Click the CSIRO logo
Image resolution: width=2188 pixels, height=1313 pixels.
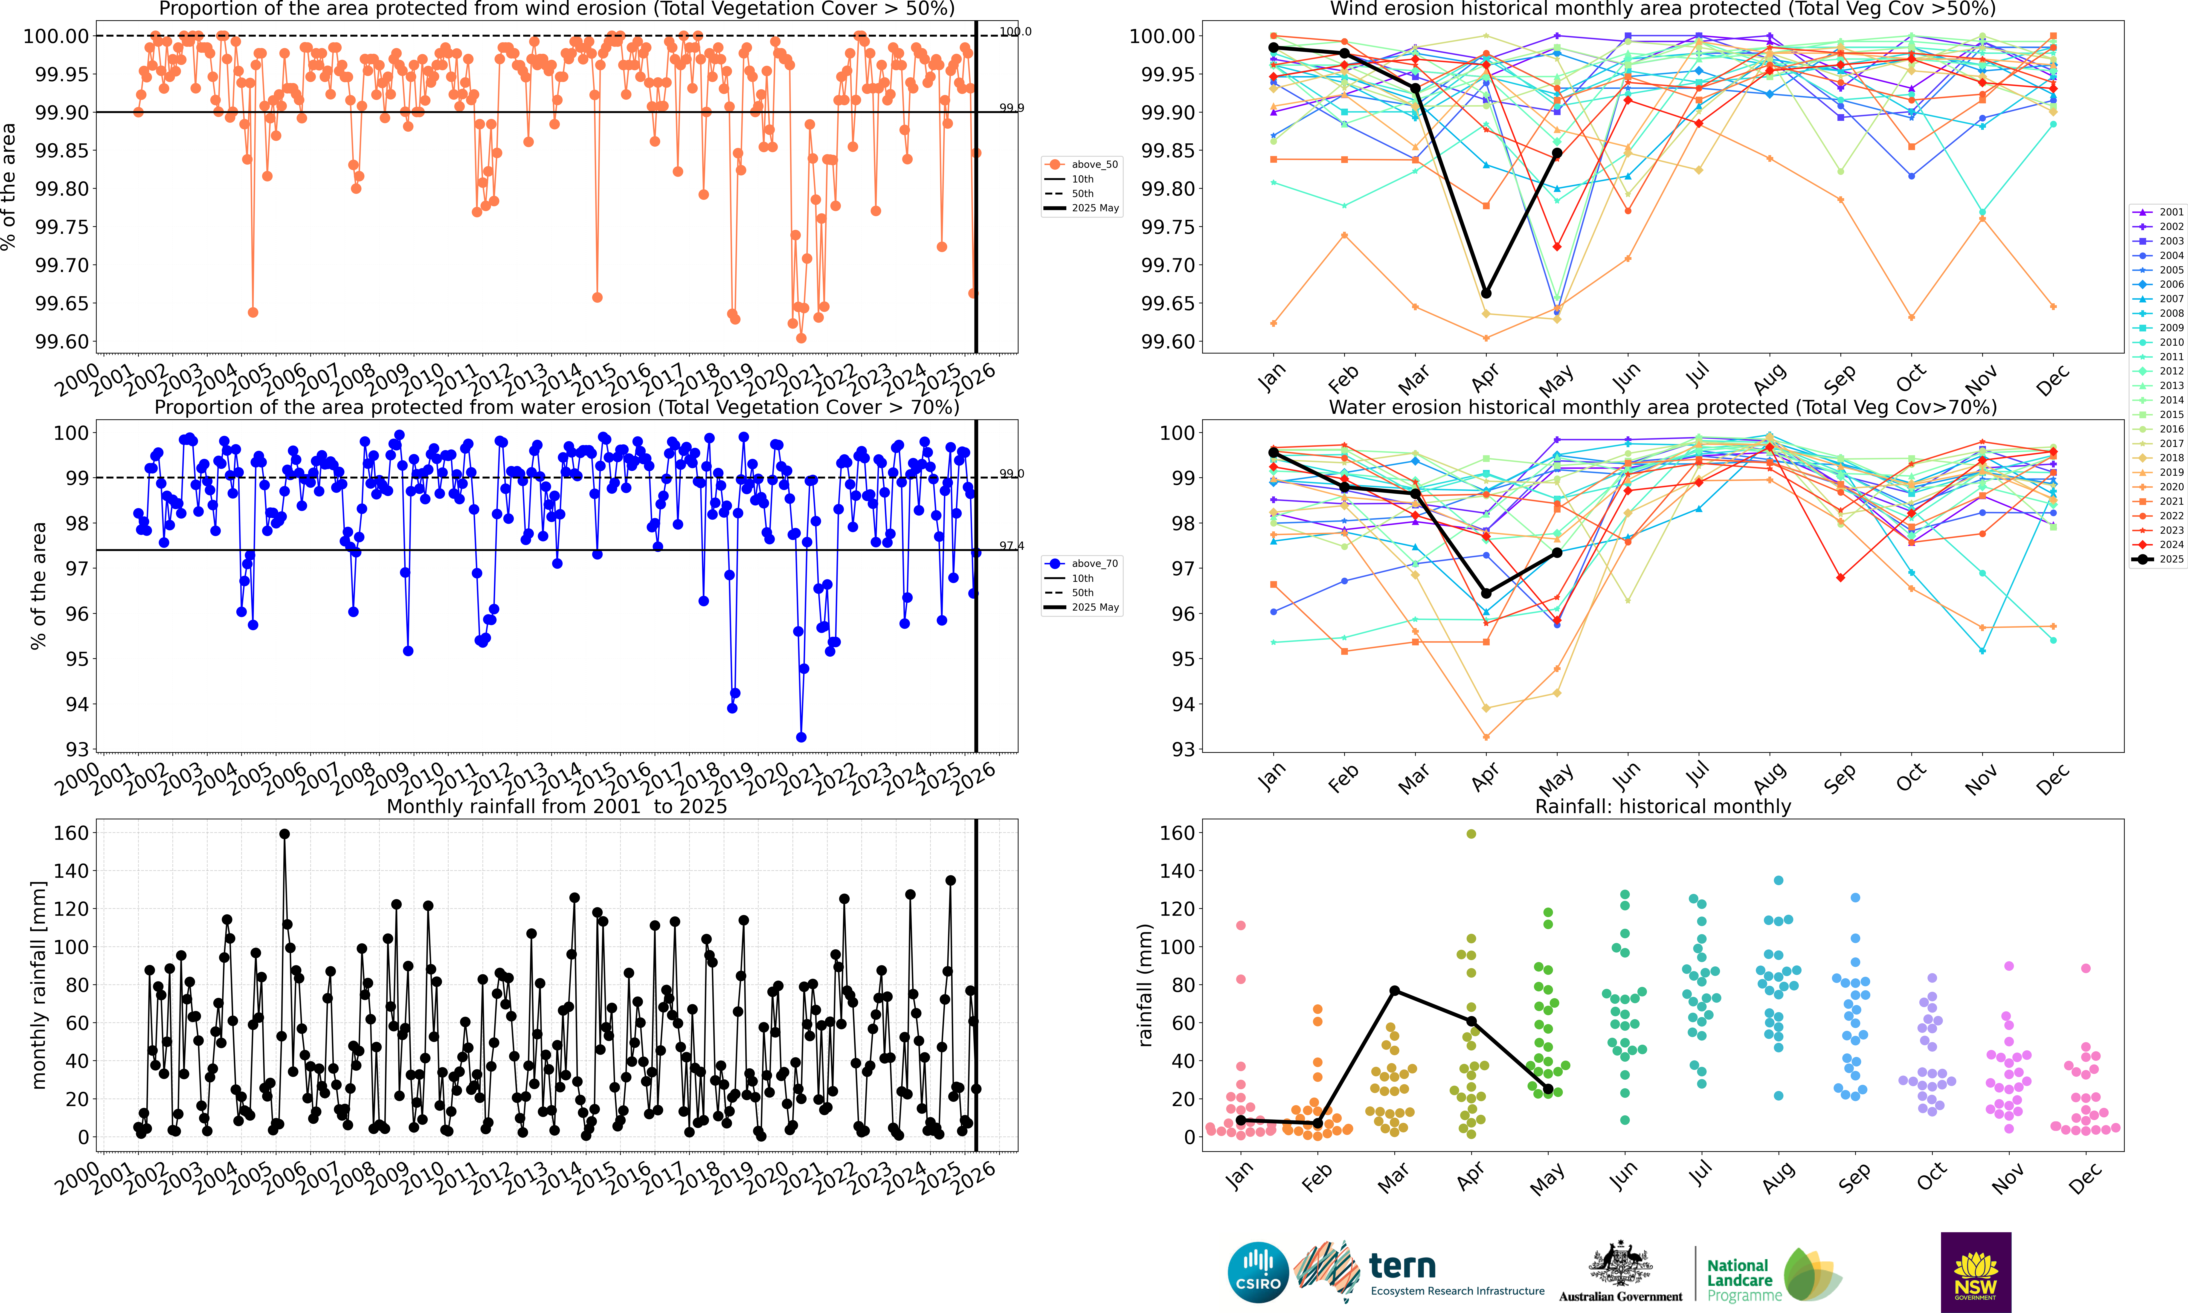(x=1257, y=1272)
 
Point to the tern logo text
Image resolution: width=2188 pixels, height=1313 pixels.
(x=1402, y=1266)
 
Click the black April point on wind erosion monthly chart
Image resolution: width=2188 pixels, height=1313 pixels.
(x=1486, y=293)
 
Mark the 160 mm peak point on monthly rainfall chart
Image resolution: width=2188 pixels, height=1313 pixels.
(x=284, y=833)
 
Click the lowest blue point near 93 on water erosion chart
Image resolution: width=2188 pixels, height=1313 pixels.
(x=801, y=737)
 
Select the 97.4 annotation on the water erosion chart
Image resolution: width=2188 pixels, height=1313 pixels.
(x=1011, y=546)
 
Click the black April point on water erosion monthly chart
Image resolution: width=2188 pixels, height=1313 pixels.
(x=1486, y=593)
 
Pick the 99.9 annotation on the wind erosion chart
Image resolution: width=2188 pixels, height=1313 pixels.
(x=1011, y=108)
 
